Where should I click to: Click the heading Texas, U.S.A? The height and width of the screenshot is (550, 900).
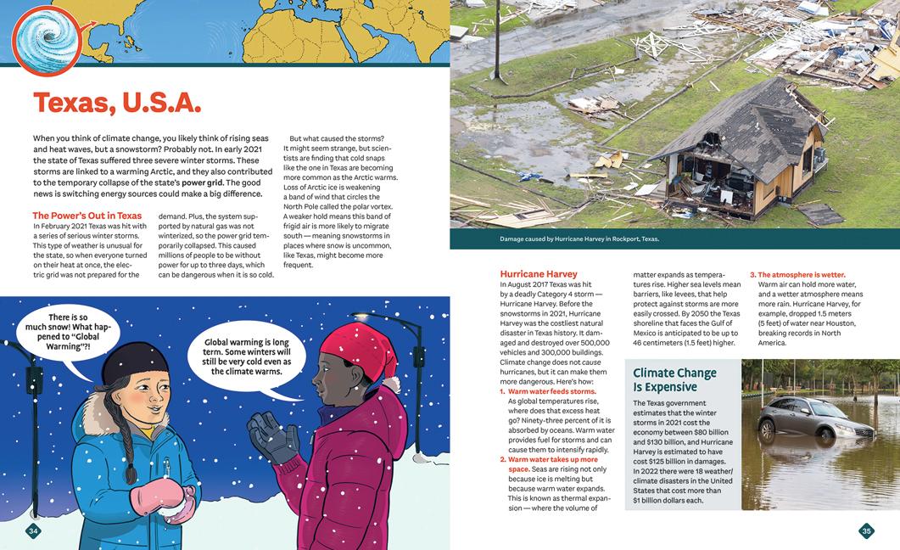click(117, 103)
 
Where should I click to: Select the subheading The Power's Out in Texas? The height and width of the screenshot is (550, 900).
click(87, 216)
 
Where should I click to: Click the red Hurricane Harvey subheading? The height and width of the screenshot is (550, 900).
click(539, 274)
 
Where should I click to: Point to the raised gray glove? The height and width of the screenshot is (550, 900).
click(272, 434)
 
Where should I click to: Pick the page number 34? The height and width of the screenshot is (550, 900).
click(34, 531)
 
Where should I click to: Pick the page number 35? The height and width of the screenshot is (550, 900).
click(865, 531)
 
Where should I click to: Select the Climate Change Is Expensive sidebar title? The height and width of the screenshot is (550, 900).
click(675, 379)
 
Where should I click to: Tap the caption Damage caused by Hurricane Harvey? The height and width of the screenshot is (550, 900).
click(579, 239)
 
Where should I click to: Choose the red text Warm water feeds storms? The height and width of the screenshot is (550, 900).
click(551, 391)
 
